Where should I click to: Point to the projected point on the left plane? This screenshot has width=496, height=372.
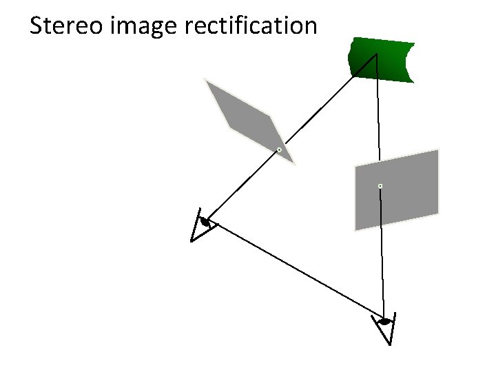point(279,149)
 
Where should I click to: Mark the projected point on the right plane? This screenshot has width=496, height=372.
point(380,186)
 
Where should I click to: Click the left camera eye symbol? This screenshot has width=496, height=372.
point(204,222)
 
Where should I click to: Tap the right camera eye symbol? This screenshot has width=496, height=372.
point(384,321)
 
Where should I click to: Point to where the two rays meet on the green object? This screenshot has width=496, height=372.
point(376,54)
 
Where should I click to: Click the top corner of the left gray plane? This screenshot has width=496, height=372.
point(206,80)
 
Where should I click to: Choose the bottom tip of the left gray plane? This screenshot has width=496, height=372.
point(294,164)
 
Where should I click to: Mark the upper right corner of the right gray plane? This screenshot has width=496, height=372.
point(438,149)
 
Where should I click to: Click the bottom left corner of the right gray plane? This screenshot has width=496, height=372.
point(355,230)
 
